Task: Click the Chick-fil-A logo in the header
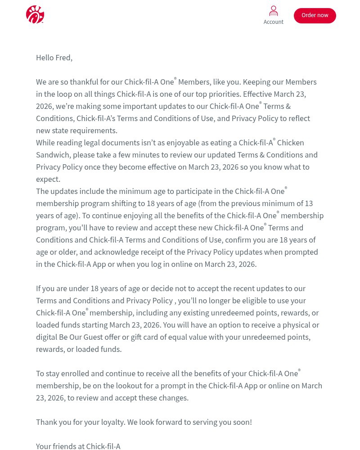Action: tap(35, 14)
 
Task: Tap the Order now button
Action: tap(315, 15)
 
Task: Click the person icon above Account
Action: tap(273, 11)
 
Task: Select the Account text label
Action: tap(273, 22)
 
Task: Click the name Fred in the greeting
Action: tap(63, 58)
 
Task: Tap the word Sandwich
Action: tap(52, 155)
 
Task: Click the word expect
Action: tap(47, 179)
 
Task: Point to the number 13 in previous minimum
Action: tap(309, 203)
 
